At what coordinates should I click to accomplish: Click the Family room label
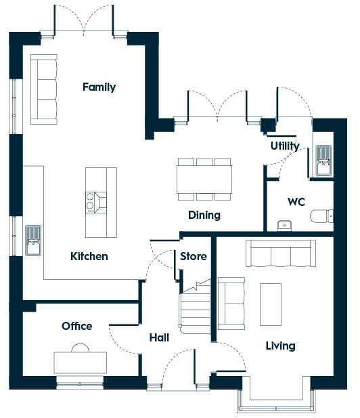pos(99,87)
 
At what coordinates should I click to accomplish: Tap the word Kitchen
pos(89,256)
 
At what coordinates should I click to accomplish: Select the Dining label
pos(204,215)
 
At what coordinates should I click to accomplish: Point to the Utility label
pos(285,146)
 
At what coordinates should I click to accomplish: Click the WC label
pos(296,202)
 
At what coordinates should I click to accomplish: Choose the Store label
pos(194,256)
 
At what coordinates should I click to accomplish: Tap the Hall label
pos(159,337)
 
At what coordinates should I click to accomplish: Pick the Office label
pos(77,326)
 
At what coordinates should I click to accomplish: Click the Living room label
pos(280,346)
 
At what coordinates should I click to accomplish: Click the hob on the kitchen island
pos(96,203)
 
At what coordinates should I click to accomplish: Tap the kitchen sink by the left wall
pos(33,241)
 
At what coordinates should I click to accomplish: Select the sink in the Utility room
pos(323,161)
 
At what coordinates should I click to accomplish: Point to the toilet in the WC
pos(321,216)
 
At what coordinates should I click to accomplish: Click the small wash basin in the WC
pos(284,226)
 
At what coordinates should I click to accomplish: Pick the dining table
pos(204,179)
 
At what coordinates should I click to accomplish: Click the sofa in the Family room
pos(44,89)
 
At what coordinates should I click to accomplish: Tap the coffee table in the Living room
pos(271,304)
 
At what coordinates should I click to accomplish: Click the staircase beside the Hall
pos(196,307)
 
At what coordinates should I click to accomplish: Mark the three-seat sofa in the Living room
pos(281,253)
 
